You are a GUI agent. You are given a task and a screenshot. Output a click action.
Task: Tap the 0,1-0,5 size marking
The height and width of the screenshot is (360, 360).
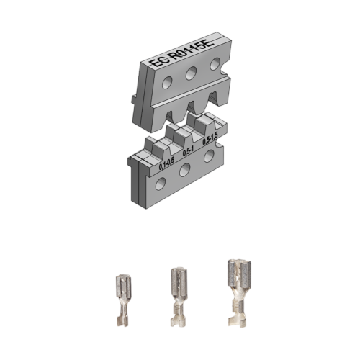pos(167,164)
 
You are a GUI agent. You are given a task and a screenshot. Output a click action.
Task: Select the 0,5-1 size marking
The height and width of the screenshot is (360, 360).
pos(189,152)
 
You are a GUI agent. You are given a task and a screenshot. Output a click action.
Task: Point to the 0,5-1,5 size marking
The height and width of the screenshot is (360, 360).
pos(210,139)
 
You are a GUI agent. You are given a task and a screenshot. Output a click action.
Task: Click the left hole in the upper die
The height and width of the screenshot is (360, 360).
pos(167,82)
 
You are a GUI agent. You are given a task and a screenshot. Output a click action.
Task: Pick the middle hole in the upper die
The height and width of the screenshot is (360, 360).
pos(192,72)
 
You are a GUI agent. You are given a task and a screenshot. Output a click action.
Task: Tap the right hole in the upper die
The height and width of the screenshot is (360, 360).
pos(215,64)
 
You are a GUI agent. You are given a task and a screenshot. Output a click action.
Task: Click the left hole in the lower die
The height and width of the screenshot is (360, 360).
pos(161,184)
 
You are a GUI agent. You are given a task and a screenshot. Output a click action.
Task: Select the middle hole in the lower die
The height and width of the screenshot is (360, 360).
pos(185,170)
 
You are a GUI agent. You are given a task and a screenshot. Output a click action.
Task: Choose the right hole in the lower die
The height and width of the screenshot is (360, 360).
pos(210,156)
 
